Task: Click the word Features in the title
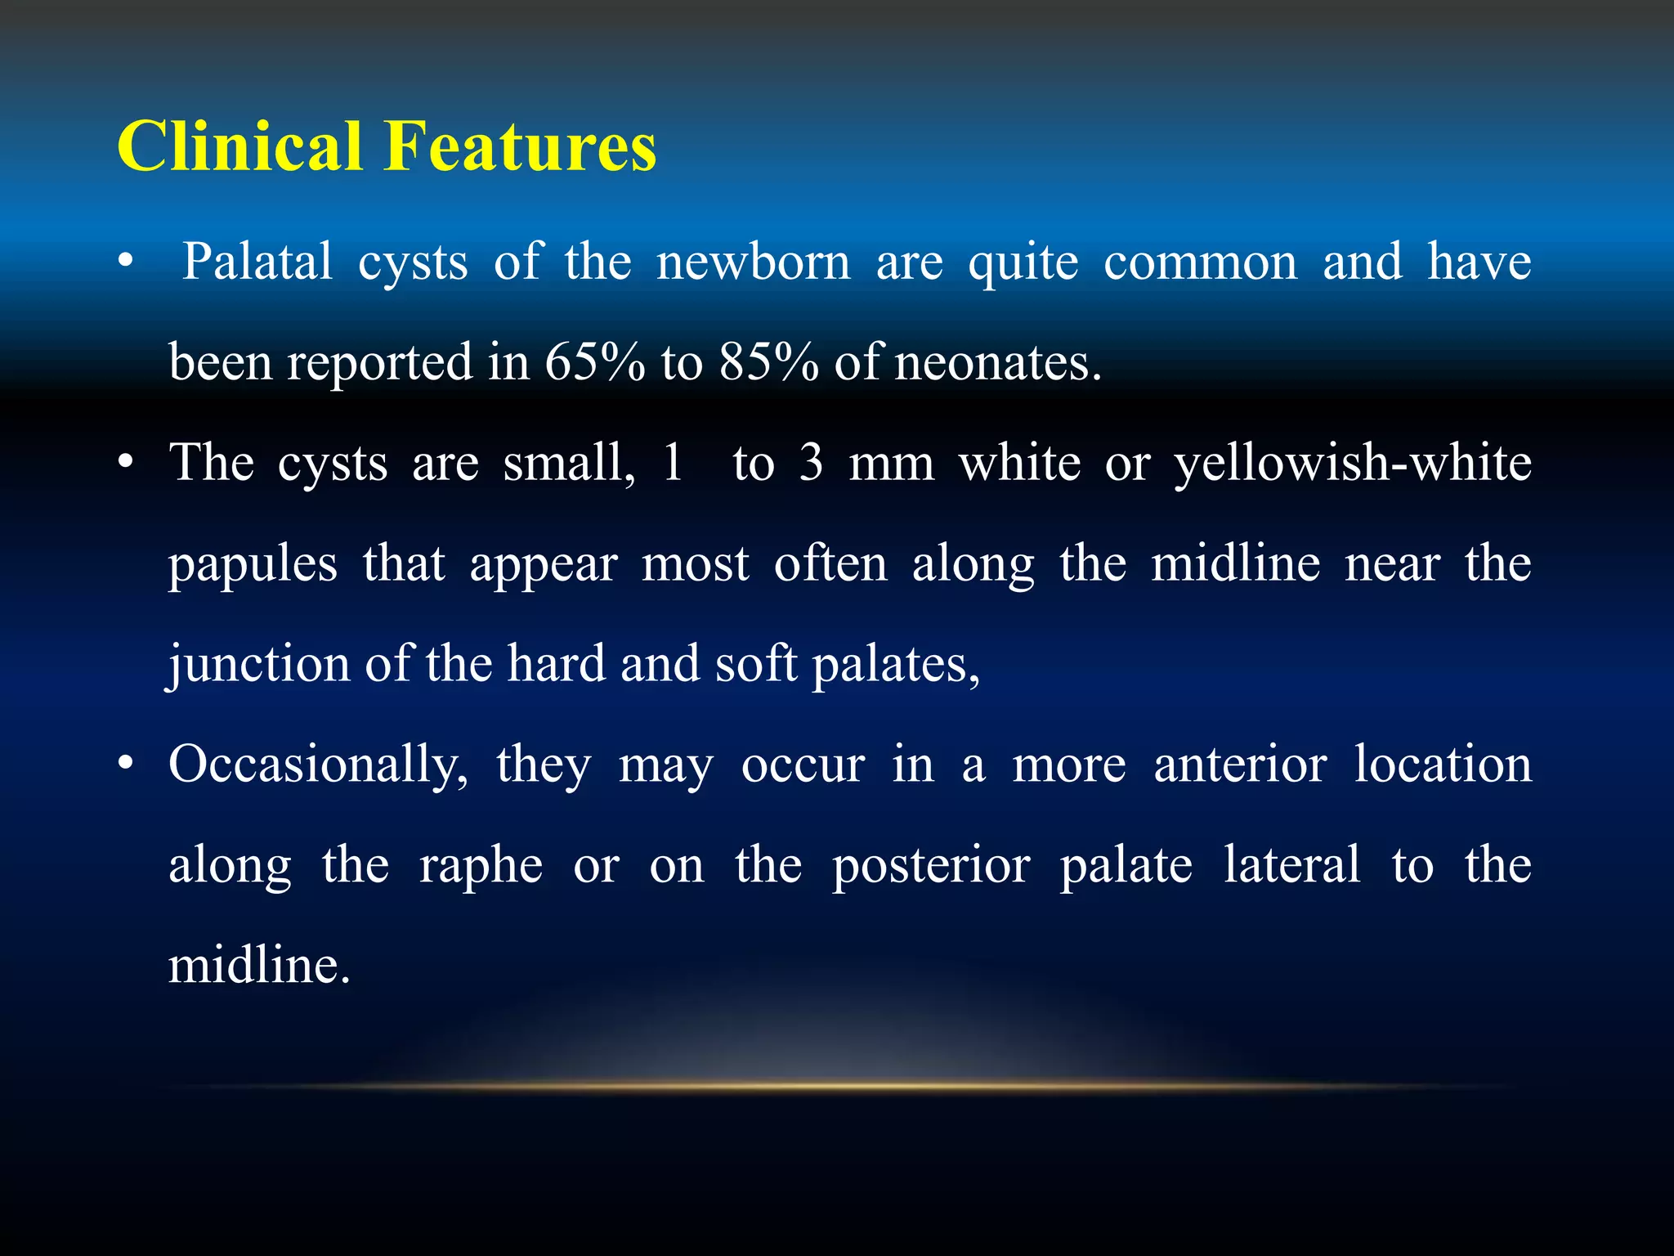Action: click(x=520, y=147)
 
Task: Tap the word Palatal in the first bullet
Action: click(x=257, y=263)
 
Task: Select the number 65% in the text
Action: click(x=594, y=362)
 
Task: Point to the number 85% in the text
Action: click(x=769, y=362)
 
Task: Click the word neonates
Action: click(x=998, y=364)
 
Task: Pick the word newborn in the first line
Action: click(x=754, y=263)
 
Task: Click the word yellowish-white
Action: click(x=1353, y=464)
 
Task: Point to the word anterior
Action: click(x=1240, y=766)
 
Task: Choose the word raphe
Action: click(x=481, y=867)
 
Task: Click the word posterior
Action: click(x=931, y=867)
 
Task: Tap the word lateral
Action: click(x=1291, y=865)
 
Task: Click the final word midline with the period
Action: click(x=259, y=966)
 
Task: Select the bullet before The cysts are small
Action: click(x=124, y=464)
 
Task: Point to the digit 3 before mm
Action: click(x=810, y=464)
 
